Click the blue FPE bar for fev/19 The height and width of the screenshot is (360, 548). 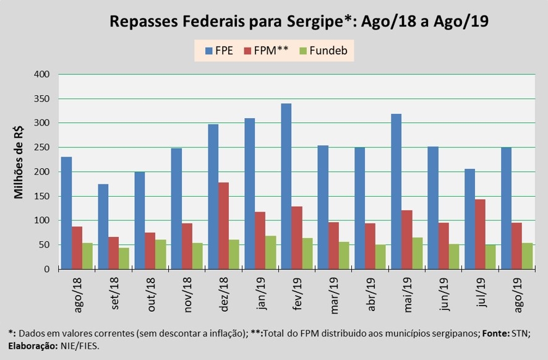pos(286,186)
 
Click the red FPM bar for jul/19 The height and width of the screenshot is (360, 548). pos(480,234)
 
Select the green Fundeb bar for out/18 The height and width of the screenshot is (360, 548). pos(160,254)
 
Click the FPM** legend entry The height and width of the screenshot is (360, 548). pos(267,51)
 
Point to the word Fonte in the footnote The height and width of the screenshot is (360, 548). pos(497,332)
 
